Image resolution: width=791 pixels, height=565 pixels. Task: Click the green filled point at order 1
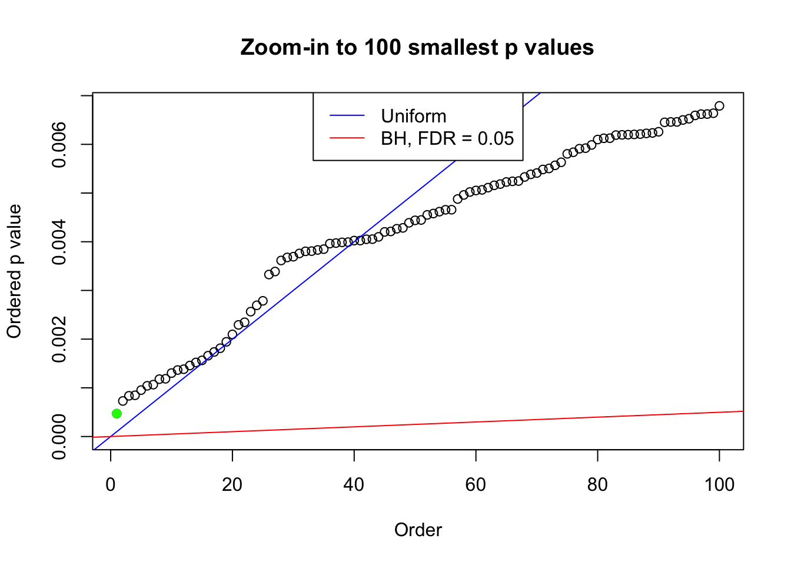coord(117,414)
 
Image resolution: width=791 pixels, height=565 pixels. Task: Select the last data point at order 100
coord(719,106)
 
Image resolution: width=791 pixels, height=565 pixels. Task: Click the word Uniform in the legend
coord(413,116)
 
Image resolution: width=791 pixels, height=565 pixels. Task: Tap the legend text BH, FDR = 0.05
coord(447,138)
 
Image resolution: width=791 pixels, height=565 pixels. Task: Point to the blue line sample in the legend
coord(347,116)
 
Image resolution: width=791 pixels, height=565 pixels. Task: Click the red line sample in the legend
coord(347,138)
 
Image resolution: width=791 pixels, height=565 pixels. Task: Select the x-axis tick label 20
coord(232,485)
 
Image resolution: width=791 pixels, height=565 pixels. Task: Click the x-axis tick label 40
coord(354,485)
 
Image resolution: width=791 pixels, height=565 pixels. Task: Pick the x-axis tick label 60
coord(476,485)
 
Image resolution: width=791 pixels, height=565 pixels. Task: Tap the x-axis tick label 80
coord(597,485)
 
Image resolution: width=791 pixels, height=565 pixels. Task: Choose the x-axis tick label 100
coord(719,485)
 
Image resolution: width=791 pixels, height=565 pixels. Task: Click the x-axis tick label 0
coord(111,485)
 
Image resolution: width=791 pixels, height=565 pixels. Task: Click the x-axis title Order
coord(418,530)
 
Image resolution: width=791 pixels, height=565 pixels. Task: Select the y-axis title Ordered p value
coord(14,271)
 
